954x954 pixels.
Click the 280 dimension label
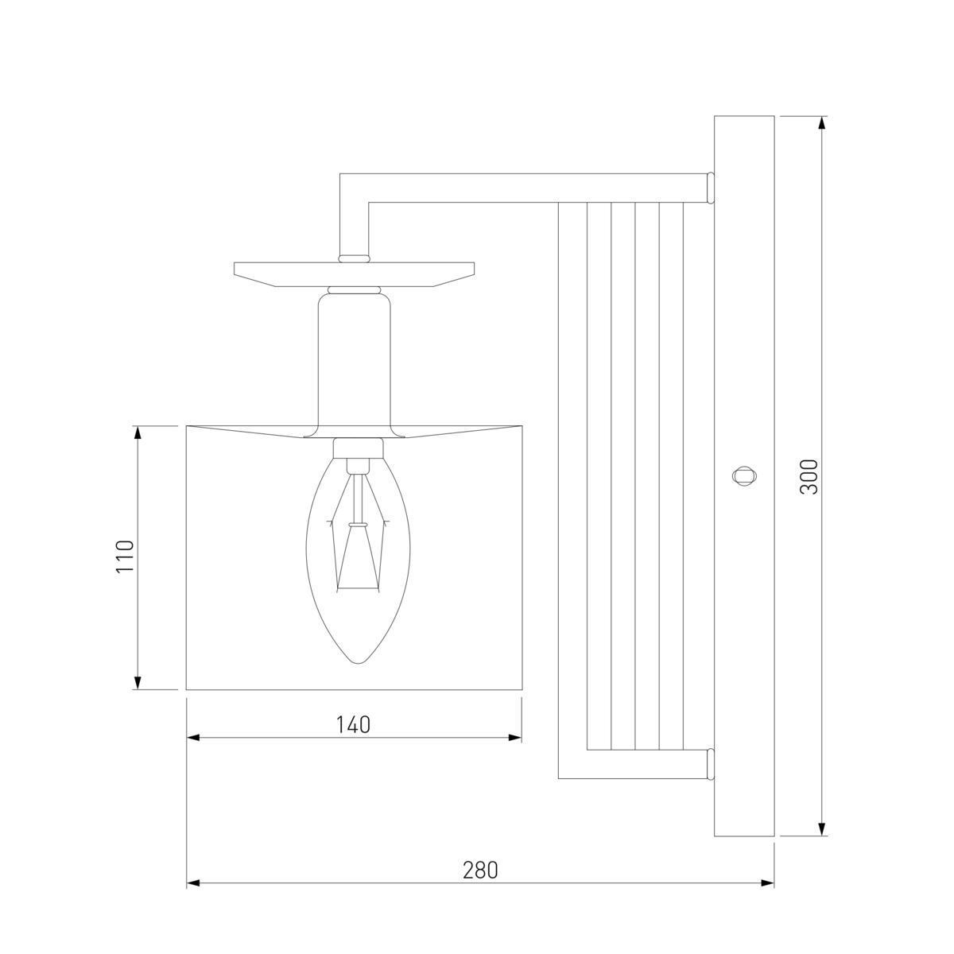coord(480,870)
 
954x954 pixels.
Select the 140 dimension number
coord(354,725)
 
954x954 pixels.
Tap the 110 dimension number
coord(125,557)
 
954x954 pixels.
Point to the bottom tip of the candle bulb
coord(358,663)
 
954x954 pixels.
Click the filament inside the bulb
coord(358,532)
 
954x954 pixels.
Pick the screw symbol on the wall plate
coord(745,476)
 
